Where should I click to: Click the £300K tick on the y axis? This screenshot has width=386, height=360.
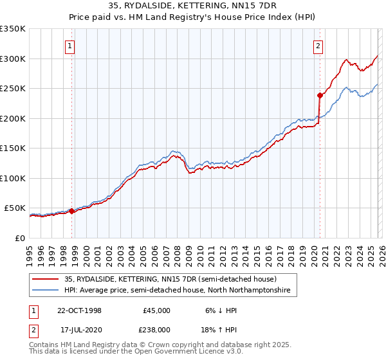coord(13,59)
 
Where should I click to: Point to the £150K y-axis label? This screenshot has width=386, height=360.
coord(13,148)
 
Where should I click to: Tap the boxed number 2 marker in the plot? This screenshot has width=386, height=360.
coord(318,46)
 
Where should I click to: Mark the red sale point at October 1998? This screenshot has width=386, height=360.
coord(72,211)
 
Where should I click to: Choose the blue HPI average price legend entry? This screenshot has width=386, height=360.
coord(177,291)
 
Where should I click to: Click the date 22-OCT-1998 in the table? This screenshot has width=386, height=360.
coord(79,310)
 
